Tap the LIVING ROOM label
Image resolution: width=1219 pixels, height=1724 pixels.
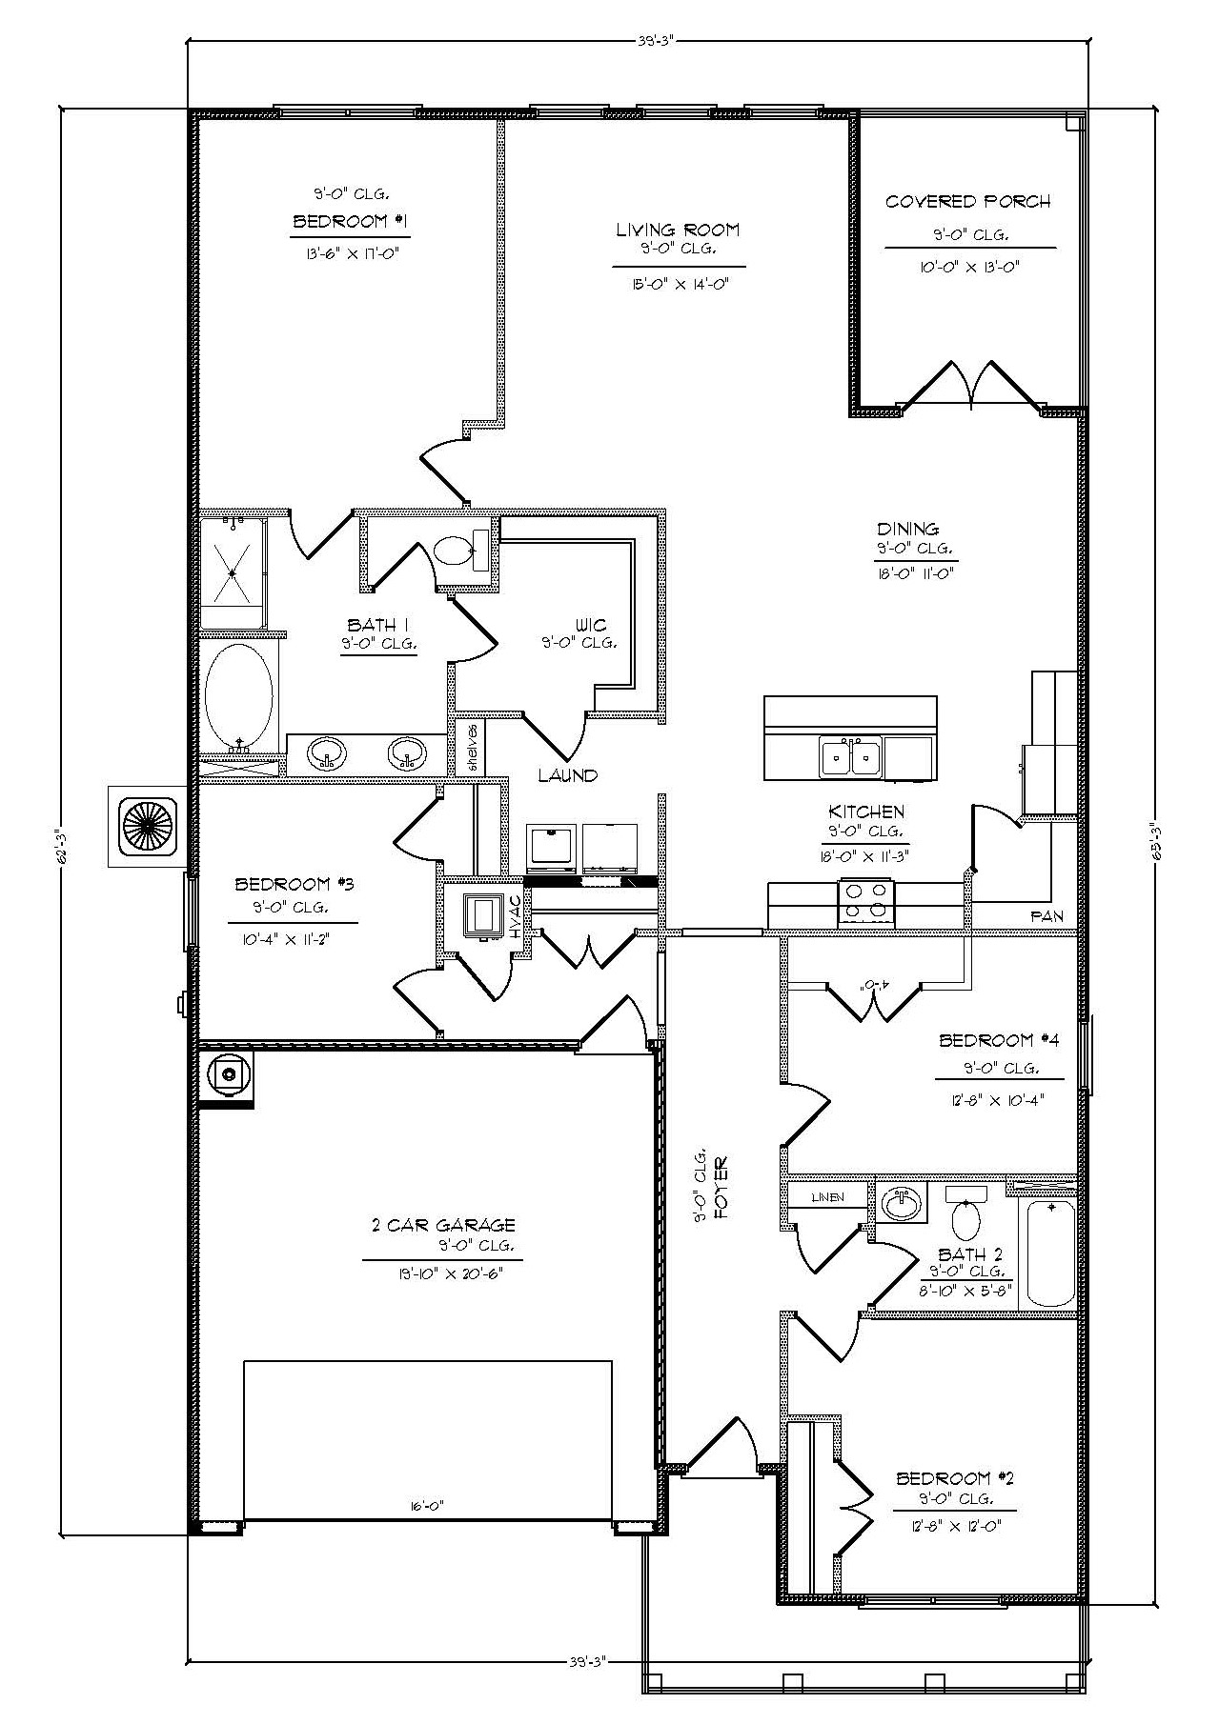click(x=677, y=230)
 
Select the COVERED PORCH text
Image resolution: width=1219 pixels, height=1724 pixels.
click(x=967, y=202)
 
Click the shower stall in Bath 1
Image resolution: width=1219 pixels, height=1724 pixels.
click(x=234, y=571)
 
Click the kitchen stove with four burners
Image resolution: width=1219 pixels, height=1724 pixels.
click(x=867, y=901)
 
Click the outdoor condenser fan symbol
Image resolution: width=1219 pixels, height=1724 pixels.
click(x=147, y=826)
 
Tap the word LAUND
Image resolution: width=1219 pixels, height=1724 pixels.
click(x=567, y=775)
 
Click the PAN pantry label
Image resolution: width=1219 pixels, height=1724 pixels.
click(x=1046, y=916)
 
